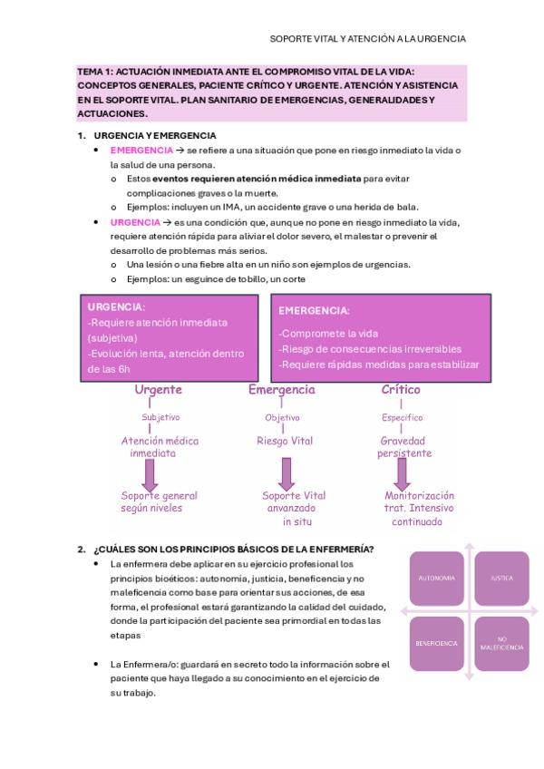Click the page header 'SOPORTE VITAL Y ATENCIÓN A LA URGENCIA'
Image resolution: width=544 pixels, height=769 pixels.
tap(368, 39)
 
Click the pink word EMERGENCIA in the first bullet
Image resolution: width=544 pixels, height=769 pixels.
tap(141, 150)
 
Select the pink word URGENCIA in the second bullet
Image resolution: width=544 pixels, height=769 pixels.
tap(135, 222)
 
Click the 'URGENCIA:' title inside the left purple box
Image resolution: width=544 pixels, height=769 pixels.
tap(117, 307)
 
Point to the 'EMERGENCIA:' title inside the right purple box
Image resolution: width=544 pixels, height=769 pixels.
tap(314, 310)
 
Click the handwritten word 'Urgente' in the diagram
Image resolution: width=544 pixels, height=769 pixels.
tap(158, 390)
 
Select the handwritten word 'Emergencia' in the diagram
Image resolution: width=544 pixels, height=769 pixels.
tap(282, 390)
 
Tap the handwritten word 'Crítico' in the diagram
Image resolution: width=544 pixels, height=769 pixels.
tap(401, 390)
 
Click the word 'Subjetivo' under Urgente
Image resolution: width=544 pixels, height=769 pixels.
tap(160, 418)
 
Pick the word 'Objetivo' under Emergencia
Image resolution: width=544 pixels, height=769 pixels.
tap(282, 418)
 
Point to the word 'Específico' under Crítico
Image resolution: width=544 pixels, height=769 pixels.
tap(402, 418)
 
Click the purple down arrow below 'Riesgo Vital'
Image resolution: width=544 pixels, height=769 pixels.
tap(287, 472)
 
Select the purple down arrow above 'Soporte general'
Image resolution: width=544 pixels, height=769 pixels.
tap(151, 473)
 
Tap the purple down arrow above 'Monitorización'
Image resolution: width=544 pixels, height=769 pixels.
tap(402, 473)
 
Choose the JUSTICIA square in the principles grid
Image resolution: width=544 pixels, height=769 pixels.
tap(501, 578)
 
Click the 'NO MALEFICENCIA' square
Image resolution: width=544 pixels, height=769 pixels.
tap(501, 643)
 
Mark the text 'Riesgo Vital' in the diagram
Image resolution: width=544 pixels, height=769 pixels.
tap(284, 442)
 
